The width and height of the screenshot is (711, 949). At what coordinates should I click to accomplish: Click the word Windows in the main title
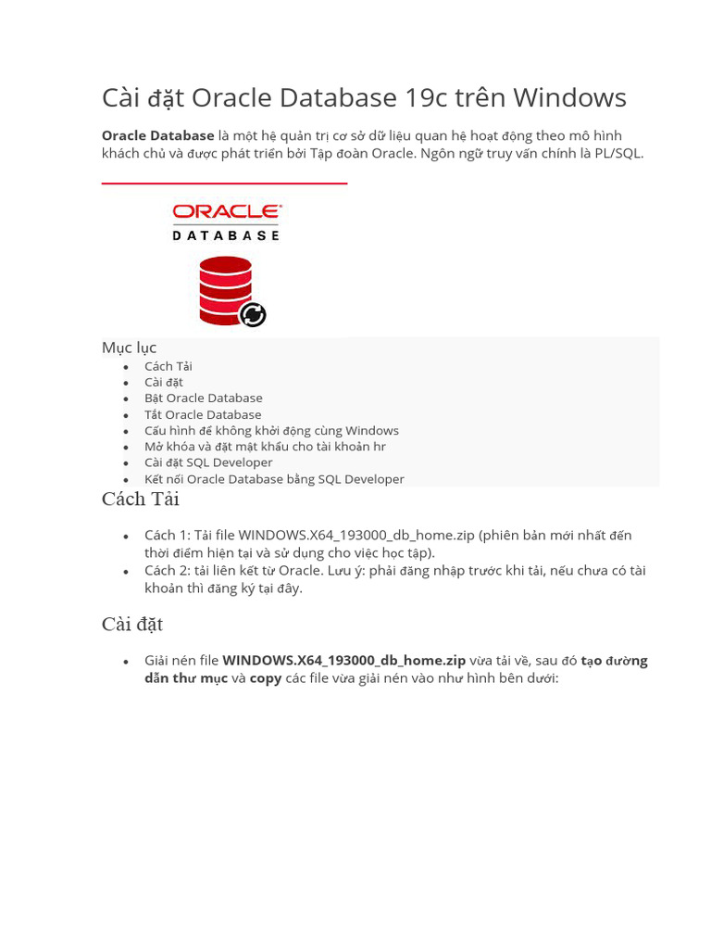[569, 97]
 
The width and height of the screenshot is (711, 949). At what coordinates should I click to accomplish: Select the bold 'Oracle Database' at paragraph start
[157, 136]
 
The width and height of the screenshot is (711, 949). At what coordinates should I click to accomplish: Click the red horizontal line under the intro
[224, 183]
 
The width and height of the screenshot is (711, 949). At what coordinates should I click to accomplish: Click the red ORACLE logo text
[227, 213]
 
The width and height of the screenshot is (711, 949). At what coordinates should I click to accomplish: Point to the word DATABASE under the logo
[227, 235]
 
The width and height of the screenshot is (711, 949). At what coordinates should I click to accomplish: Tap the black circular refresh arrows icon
[253, 315]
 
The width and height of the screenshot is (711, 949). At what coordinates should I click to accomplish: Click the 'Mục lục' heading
[129, 348]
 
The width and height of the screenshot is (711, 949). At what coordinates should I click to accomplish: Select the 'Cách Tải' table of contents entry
[168, 366]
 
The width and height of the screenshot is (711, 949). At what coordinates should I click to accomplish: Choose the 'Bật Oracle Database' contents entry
[203, 398]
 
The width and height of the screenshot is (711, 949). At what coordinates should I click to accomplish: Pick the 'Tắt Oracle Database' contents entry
[203, 414]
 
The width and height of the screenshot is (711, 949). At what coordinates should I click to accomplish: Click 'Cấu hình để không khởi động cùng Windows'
[271, 430]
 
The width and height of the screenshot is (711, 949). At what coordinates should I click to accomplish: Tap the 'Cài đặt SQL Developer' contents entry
[208, 462]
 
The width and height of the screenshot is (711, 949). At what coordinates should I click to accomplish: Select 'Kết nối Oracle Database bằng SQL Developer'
[274, 479]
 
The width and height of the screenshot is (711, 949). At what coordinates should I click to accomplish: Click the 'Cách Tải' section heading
[140, 500]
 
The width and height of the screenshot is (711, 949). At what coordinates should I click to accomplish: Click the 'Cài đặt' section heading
[131, 625]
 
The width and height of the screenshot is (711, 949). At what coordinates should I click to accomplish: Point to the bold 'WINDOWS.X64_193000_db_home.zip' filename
[343, 661]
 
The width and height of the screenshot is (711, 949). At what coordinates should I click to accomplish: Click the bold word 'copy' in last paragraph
[266, 677]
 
